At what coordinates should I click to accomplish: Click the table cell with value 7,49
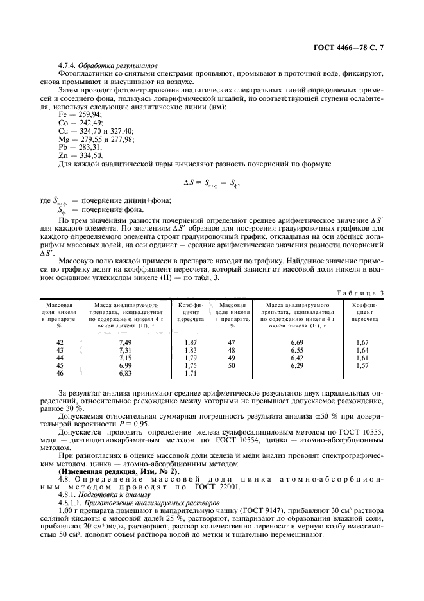tap(125, 343)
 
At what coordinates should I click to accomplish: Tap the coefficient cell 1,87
tap(191, 343)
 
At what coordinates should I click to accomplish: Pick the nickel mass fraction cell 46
tap(61, 373)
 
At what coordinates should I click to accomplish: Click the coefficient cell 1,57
tap(362, 365)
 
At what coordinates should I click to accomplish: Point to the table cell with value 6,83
tap(125, 373)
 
